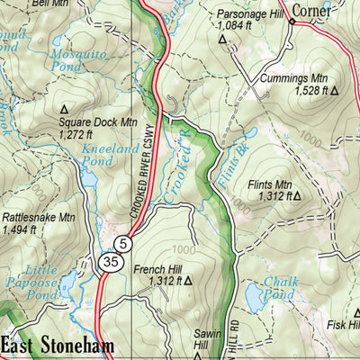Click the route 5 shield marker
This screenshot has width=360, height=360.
click(123, 243)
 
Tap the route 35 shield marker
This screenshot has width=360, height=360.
click(109, 262)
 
